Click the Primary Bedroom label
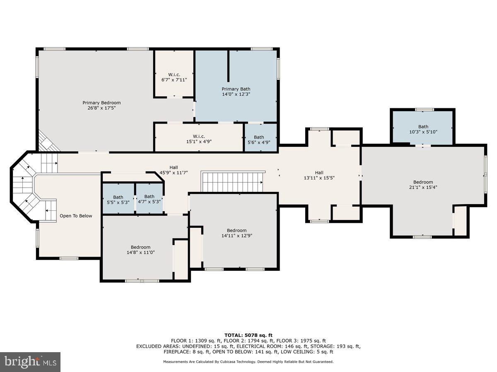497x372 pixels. [101, 105]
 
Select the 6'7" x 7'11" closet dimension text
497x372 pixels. [174, 80]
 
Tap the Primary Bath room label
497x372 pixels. [236, 91]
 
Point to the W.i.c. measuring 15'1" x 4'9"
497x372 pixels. [199, 139]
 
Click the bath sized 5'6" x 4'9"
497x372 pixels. [259, 140]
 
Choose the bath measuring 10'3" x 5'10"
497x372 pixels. [423, 129]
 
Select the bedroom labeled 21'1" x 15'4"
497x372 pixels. [423, 184]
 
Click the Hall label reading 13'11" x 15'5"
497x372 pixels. [319, 175]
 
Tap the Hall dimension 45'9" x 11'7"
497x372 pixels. [174, 173]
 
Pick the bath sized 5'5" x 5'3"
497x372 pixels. [118, 200]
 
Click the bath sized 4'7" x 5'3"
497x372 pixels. [150, 199]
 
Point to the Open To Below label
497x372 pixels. [76, 216]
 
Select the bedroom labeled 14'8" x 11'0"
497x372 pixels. [140, 250]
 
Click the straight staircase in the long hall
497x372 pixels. [232, 182]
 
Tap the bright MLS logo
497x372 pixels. [30, 362]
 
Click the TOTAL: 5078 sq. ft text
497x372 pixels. [248, 335]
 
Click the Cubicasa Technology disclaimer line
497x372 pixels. [248, 362]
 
